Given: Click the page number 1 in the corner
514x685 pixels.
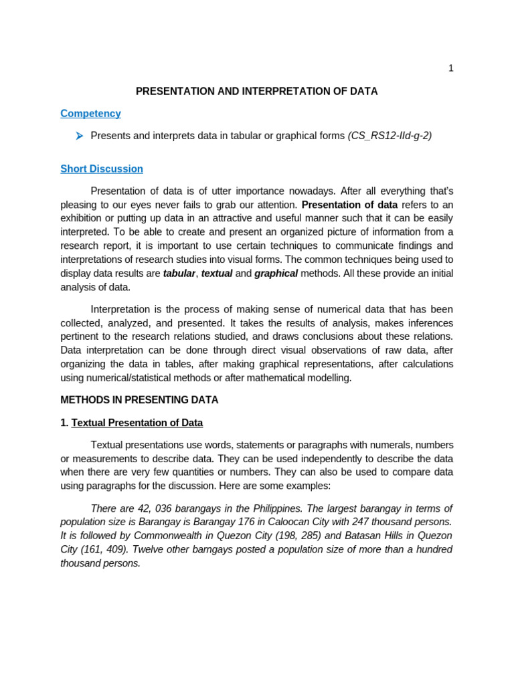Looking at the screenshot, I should pos(450,68).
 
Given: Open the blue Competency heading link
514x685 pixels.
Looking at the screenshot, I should pos(90,114).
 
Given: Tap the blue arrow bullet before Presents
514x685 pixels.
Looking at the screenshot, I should pos(79,136).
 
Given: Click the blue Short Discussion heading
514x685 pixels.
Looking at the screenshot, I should pos(102,169).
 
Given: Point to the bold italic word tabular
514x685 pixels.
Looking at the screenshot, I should pos(179,273).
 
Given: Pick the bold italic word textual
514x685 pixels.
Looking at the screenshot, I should pos(217,273).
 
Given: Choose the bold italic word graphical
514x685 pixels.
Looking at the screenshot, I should pos(276,273).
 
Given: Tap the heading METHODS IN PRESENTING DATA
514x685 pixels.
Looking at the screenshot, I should pos(139,400).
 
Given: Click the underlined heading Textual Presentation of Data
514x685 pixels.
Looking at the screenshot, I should pos(137,423).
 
